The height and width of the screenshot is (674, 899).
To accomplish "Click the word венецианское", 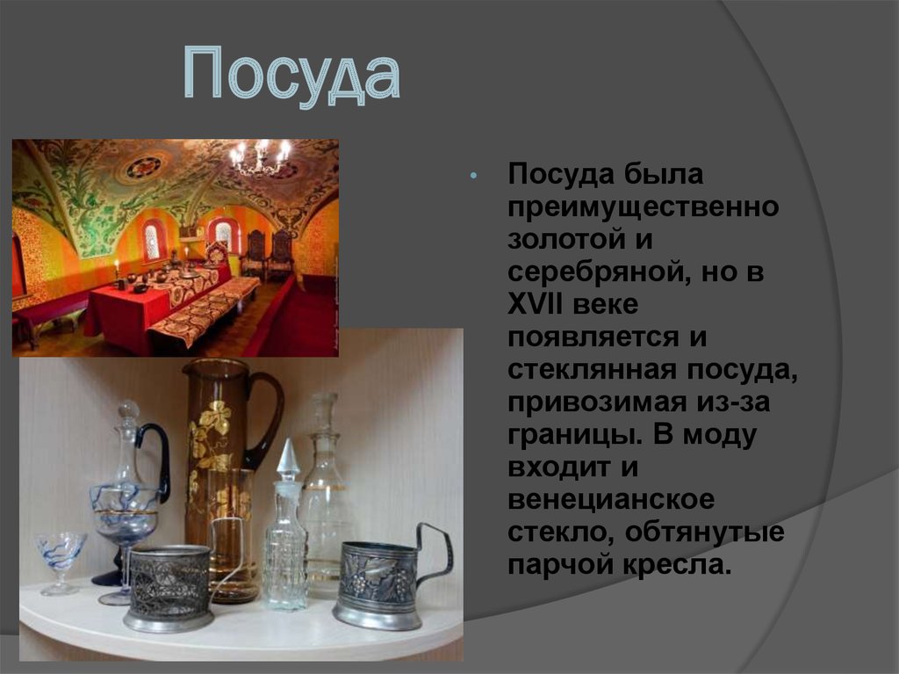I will click(611, 500).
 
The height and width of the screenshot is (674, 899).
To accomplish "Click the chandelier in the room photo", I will click(260, 156).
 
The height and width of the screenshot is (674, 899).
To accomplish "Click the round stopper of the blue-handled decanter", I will click(129, 409).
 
